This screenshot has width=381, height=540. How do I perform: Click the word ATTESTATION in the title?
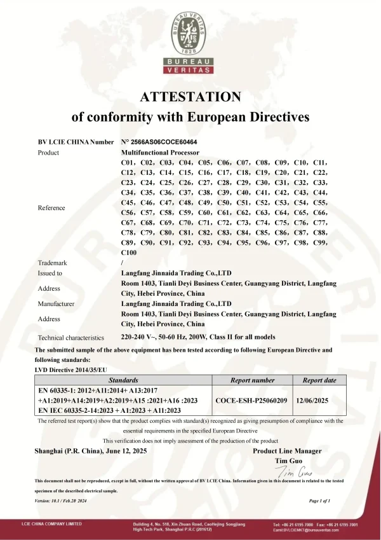pos(190,97)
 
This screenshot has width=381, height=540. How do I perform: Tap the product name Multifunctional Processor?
pos(160,153)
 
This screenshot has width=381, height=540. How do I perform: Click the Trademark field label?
pos(53,263)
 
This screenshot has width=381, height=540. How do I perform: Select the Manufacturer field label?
pos(57,304)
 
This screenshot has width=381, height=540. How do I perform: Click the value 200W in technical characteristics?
pos(225,337)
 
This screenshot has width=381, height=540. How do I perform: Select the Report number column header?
pos(252,380)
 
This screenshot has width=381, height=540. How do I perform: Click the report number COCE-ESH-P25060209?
pos(251,401)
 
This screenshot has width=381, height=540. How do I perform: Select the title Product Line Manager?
pos(287,451)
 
